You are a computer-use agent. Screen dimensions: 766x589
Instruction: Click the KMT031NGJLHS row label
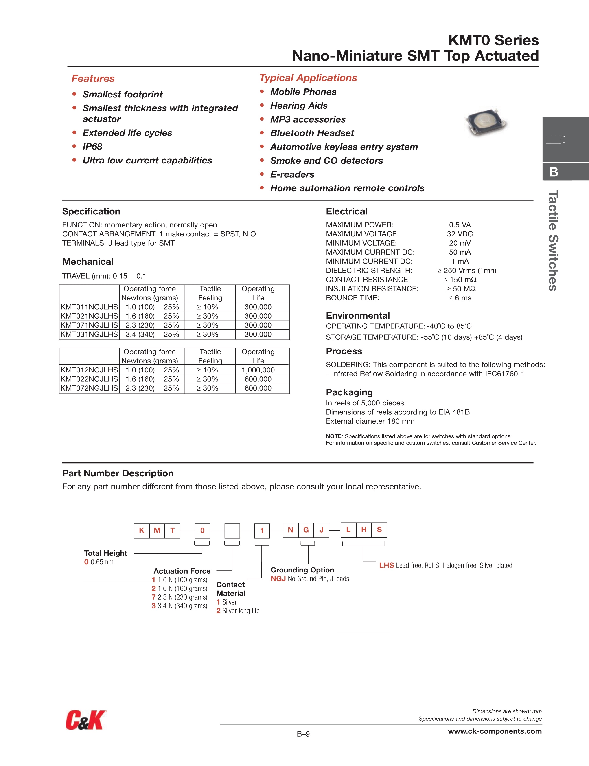point(89,334)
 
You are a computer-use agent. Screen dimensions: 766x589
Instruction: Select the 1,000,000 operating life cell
point(258,370)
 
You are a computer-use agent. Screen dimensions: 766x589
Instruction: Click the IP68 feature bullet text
point(92,147)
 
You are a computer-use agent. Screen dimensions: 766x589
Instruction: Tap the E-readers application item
point(292,174)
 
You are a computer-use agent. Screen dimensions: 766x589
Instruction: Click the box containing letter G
point(306,530)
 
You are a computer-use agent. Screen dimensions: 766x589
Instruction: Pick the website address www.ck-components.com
point(495,731)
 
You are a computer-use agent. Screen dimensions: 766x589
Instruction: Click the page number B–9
point(303,734)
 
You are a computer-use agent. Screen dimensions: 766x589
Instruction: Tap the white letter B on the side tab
point(554,172)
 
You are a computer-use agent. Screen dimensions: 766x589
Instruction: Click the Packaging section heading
point(349,392)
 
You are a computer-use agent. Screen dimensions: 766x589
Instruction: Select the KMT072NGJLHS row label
point(89,388)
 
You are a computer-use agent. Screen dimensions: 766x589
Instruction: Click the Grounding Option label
point(302,570)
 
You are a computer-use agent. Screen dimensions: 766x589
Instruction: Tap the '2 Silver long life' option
point(238,611)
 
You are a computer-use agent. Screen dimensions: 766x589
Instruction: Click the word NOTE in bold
point(333,436)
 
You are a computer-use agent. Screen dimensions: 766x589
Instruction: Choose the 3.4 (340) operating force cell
point(140,334)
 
